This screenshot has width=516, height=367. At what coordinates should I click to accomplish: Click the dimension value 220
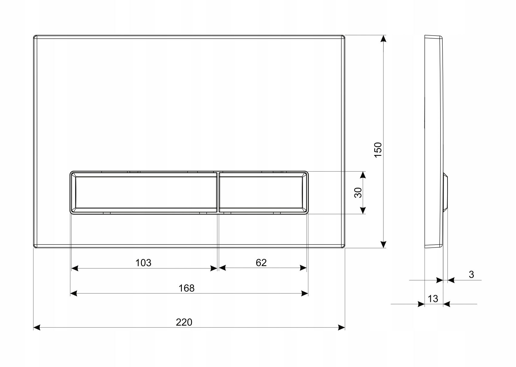(184, 322)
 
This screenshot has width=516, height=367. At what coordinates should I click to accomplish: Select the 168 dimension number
(186, 288)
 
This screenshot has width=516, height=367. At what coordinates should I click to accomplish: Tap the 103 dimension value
(143, 262)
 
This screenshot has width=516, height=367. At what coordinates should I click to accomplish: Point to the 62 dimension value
(261, 262)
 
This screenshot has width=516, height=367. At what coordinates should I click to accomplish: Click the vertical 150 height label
(378, 149)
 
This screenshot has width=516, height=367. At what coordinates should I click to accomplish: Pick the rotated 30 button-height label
(358, 193)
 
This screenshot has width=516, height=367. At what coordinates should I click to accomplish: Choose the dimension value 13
(433, 299)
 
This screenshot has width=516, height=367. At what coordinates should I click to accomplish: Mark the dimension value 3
(471, 274)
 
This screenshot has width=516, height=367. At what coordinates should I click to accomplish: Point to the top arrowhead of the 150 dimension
(384, 39)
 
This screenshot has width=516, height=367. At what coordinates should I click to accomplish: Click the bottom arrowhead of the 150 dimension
(384, 244)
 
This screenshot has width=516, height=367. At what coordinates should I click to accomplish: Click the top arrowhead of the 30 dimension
(363, 175)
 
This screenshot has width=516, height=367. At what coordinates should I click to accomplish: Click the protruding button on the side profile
(446, 193)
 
